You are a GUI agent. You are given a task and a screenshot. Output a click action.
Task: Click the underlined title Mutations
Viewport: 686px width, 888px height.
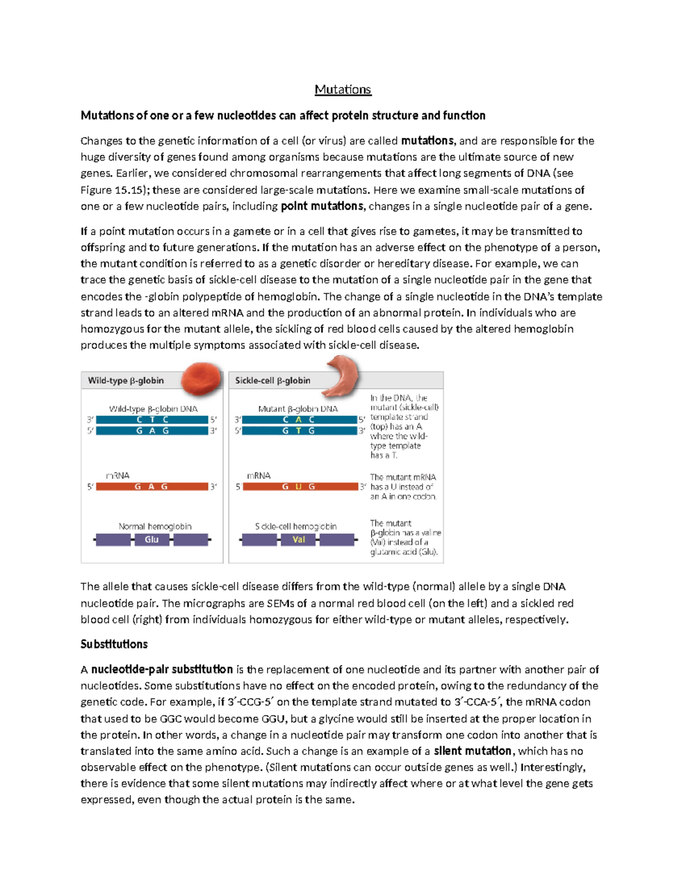click(342, 90)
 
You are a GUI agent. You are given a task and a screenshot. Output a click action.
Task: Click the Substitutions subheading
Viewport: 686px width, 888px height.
click(114, 644)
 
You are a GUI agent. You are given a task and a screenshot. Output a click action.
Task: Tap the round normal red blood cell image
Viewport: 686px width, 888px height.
click(201, 379)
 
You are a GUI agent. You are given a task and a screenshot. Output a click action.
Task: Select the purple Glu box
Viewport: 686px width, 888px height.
click(151, 539)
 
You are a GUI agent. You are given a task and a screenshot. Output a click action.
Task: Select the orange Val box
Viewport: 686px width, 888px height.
click(298, 539)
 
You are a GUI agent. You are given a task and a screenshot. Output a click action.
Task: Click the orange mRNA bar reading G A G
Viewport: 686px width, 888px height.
click(151, 487)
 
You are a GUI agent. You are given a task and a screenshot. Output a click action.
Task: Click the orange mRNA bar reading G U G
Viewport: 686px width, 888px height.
click(300, 487)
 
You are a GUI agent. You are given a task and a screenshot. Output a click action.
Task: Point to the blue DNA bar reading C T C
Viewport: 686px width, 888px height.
click(152, 420)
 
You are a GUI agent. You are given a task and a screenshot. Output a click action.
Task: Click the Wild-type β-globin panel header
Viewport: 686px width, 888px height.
click(126, 381)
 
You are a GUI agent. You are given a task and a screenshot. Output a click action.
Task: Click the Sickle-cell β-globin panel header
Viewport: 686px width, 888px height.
click(273, 381)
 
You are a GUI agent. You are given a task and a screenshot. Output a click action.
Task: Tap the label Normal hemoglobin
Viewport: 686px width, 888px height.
click(155, 526)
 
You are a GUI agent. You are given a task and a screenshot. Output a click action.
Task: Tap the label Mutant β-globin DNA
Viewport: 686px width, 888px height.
click(298, 409)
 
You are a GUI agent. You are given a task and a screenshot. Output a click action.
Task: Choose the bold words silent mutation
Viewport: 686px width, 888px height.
click(472, 751)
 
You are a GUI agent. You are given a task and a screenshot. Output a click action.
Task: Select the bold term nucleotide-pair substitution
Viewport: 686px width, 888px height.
click(162, 670)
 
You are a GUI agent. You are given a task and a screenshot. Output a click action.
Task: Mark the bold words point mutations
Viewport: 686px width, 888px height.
click(322, 206)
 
